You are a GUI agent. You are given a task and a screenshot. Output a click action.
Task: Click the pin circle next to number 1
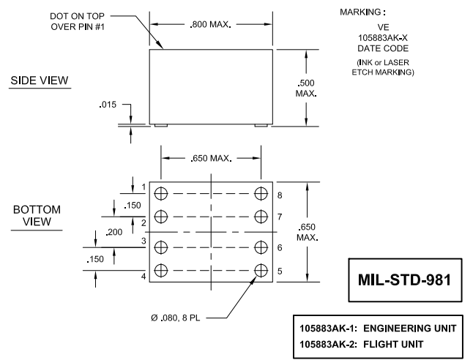(162, 193)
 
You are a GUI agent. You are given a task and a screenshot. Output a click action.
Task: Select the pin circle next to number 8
(261, 193)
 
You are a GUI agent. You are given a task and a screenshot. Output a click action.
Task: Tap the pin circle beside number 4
(162, 269)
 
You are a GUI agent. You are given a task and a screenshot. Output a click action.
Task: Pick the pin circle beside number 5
(261, 269)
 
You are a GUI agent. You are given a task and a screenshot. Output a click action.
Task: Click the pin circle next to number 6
(261, 247)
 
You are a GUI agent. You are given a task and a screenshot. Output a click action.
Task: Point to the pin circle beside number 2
(162, 215)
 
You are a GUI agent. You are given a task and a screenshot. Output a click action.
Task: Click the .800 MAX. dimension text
(212, 25)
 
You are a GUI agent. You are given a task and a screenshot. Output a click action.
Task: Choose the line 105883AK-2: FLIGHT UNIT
(360, 343)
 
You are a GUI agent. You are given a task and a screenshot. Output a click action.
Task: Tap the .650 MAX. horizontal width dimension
(211, 158)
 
